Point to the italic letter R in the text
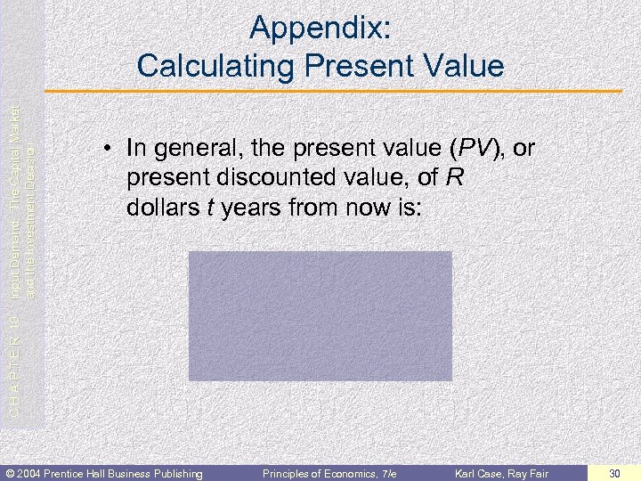[453, 178]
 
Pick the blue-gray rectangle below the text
[320, 315]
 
